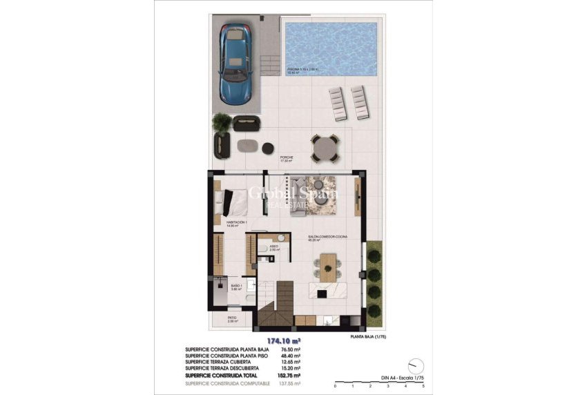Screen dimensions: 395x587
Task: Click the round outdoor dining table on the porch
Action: [324, 146]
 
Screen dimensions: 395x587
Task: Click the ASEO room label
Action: [273, 246]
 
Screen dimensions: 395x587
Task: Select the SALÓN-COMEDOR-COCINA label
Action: [327, 238]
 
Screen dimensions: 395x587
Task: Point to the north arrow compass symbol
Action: [415, 364]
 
